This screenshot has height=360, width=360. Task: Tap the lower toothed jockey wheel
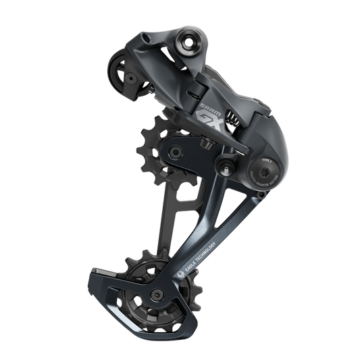[x=134, y=286]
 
